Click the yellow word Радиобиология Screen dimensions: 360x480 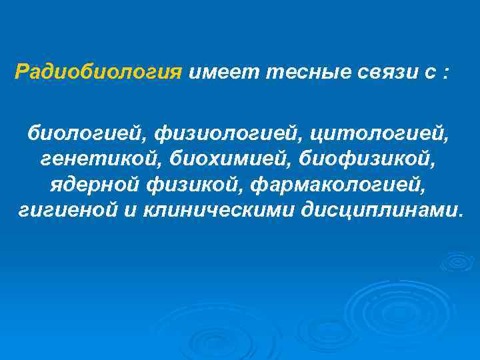click(98, 72)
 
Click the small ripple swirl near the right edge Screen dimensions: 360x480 click(458, 261)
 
